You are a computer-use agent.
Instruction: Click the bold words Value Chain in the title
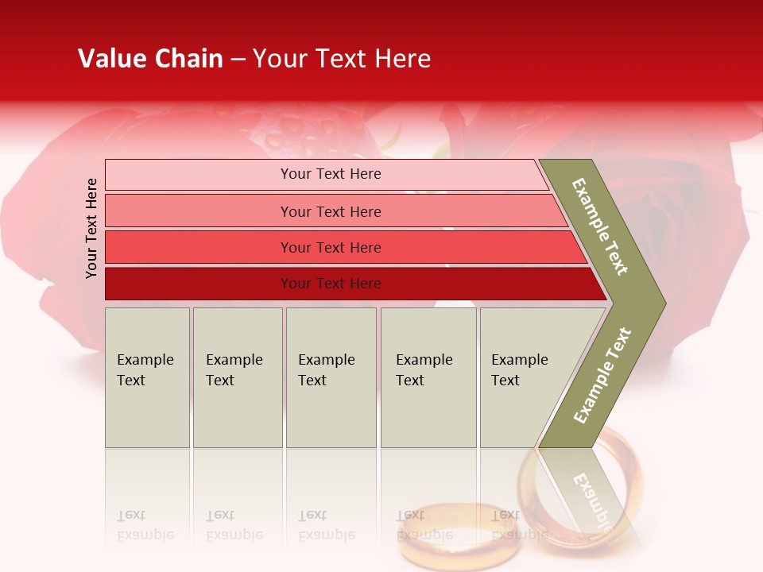[x=150, y=59]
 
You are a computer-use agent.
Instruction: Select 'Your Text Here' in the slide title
[x=342, y=59]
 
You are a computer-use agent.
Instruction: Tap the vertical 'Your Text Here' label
[x=91, y=228]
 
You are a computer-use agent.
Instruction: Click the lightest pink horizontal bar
[x=330, y=174]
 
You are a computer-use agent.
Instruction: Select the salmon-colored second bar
[x=331, y=211]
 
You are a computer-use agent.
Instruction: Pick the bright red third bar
[x=331, y=247]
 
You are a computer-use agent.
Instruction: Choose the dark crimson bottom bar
[x=331, y=284]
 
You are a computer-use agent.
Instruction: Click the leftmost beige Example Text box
[x=147, y=377]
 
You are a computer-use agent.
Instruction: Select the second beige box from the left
[x=238, y=377]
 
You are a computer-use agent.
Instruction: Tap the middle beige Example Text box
[x=331, y=377]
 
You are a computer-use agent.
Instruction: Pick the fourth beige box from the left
[x=428, y=377]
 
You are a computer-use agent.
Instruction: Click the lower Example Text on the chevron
[x=602, y=375]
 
